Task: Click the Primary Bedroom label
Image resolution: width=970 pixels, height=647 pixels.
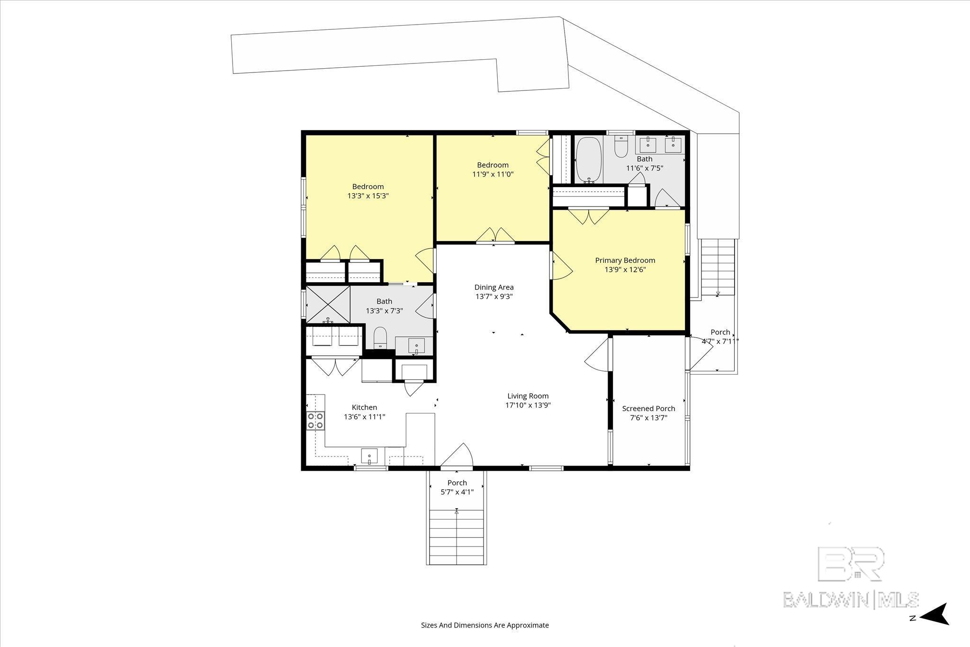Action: coord(625,260)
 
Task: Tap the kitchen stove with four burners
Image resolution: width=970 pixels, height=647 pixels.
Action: coord(315,421)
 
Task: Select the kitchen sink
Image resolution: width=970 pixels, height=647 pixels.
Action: coord(369,456)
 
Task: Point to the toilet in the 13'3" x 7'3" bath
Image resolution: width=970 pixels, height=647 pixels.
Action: coord(380,338)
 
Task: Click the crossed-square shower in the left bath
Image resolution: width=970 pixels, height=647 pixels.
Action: coord(328,305)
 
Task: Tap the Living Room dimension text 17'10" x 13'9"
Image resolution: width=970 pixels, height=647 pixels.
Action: coord(528,405)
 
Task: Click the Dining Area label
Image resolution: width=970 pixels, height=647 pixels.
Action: coord(494,287)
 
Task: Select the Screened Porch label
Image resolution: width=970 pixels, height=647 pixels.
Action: coord(648,408)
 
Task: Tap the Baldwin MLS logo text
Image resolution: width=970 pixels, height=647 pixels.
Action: coord(851,599)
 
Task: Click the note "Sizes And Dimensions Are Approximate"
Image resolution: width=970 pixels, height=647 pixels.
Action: coord(485,625)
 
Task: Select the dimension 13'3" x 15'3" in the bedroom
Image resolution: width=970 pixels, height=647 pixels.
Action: coord(368,195)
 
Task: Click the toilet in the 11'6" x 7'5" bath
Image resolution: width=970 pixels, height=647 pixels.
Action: coord(620,147)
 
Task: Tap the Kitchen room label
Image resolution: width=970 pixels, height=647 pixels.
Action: coord(364,407)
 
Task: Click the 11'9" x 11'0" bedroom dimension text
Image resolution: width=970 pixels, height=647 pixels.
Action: coord(493,174)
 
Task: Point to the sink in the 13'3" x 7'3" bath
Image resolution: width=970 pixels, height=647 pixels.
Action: coord(416,346)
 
